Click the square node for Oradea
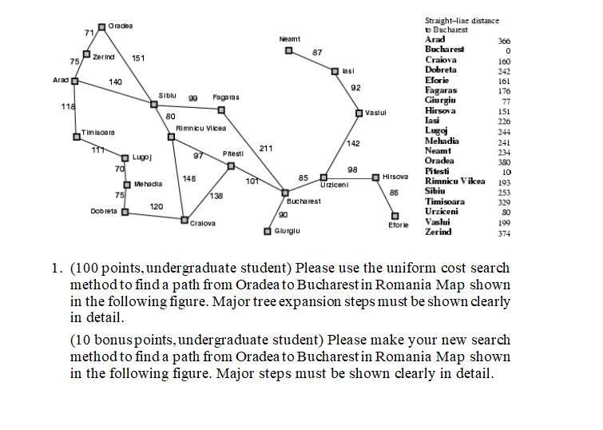[x=101, y=27]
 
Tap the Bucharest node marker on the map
[x=285, y=193]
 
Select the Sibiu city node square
[x=154, y=105]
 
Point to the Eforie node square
[x=395, y=216]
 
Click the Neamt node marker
[x=289, y=50]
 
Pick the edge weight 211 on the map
[x=266, y=148]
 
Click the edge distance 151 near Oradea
[x=138, y=58]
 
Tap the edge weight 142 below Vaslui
[x=353, y=144]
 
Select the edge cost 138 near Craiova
[x=216, y=196]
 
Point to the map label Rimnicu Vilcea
[x=201, y=128]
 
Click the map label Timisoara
[x=98, y=133]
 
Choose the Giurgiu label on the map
[x=288, y=231]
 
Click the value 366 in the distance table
[x=504, y=41]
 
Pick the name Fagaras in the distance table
[x=441, y=90]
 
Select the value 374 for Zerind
[x=504, y=233]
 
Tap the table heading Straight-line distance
[x=462, y=21]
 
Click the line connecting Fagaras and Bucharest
[x=253, y=151]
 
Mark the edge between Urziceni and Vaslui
[x=341, y=145]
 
